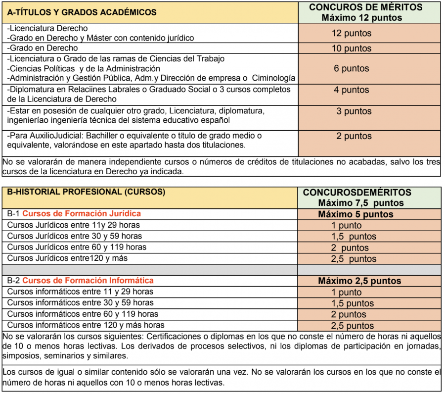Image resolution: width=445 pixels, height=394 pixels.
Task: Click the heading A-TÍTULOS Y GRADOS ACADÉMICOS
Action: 82,12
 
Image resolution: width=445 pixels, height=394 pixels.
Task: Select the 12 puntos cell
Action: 352,34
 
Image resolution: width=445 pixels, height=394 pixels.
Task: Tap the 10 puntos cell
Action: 352,49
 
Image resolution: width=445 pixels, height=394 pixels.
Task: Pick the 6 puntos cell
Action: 352,69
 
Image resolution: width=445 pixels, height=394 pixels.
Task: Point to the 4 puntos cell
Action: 352,90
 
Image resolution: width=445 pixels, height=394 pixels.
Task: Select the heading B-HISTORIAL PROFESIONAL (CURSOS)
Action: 86,192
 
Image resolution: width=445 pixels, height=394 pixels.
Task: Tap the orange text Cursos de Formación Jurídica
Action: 82,214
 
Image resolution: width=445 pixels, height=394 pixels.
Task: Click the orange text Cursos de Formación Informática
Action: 88,281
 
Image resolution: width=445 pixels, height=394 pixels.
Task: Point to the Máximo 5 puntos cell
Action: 356,214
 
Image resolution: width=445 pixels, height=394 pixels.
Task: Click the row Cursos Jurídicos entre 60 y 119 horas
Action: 77,247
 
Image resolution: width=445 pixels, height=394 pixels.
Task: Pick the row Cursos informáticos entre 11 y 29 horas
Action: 81,292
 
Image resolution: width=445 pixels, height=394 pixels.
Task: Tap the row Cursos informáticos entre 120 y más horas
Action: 86,325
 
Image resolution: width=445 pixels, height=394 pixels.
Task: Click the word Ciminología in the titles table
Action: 274,78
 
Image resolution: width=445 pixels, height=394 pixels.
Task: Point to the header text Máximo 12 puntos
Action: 361,18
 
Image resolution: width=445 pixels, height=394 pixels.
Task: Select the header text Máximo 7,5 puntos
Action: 361,203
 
